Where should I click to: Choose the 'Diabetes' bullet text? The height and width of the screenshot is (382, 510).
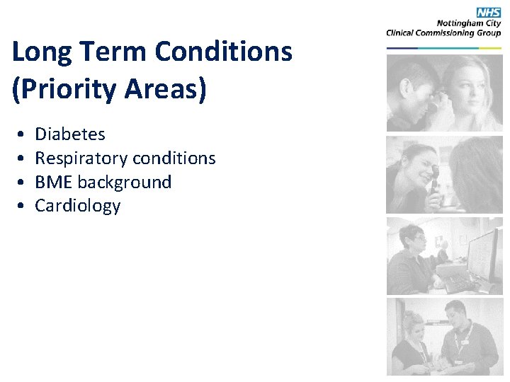(x=70, y=134)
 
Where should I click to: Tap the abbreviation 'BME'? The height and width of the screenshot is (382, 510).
(x=54, y=183)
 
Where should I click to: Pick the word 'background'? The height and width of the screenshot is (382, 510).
(x=125, y=183)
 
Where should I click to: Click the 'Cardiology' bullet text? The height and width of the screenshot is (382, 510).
(x=78, y=206)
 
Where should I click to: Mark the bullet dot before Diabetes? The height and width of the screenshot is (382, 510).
(x=23, y=135)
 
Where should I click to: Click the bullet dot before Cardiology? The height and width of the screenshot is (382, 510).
(x=23, y=207)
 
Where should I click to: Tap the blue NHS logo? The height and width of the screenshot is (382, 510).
(x=489, y=12)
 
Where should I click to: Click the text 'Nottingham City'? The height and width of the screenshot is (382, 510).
(x=469, y=23)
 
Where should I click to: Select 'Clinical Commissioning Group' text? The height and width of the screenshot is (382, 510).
(x=443, y=32)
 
